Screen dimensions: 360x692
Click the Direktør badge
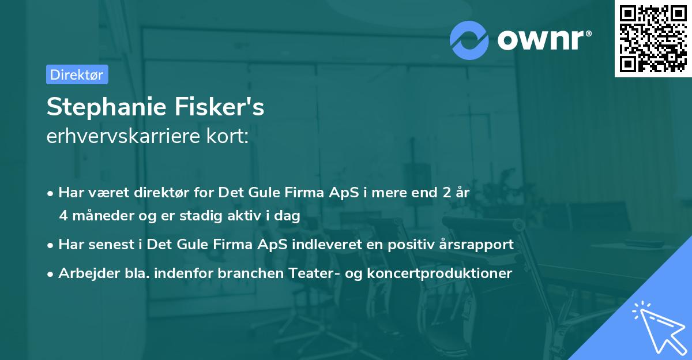[77, 74]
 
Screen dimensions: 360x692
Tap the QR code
[653, 39]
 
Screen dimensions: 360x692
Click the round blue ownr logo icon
[469, 40]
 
